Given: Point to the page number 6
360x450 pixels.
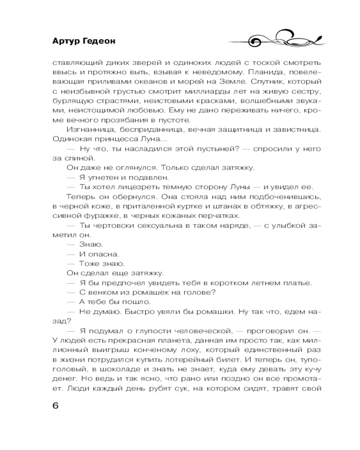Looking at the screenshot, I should click(55, 405).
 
